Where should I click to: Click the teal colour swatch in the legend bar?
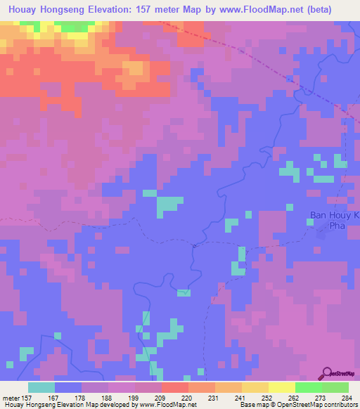(x=41, y=387)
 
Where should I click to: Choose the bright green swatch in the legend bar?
(x=308, y=387)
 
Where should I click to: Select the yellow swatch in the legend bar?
(x=281, y=387)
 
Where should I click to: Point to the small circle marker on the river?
(x=194, y=246)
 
